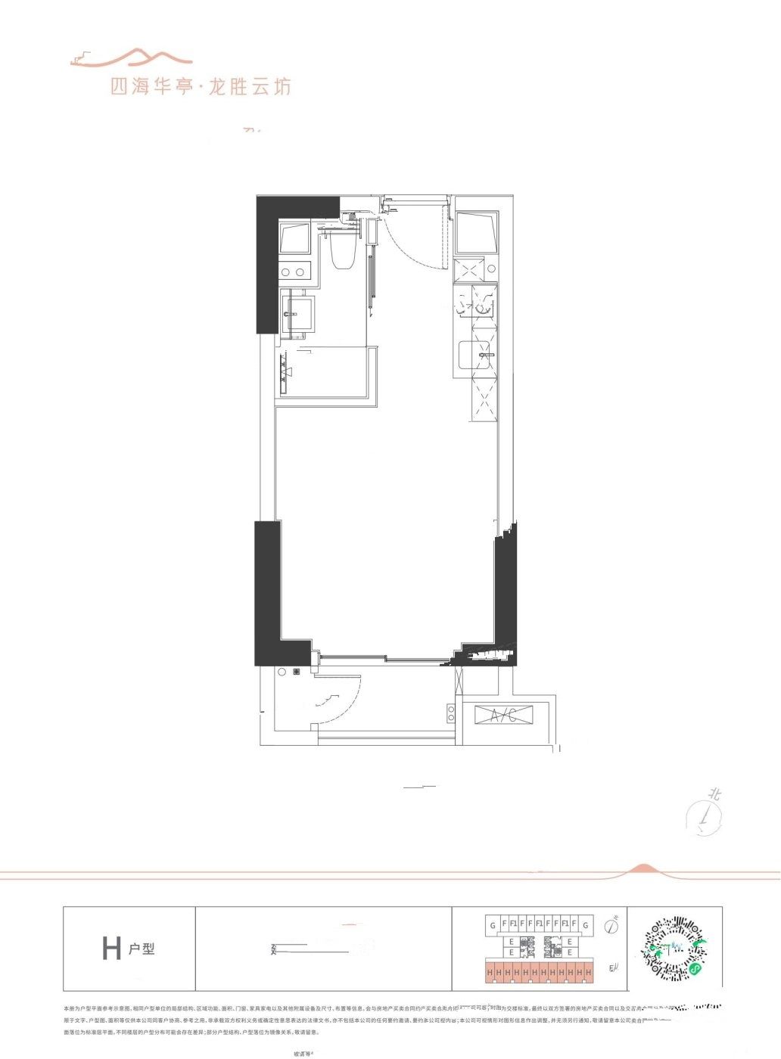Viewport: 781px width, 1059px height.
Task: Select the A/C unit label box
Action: [503, 716]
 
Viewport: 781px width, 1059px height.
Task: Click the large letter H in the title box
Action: [111, 948]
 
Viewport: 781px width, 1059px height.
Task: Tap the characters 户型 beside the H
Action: [141, 948]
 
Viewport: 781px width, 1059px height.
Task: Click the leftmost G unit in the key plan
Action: [493, 924]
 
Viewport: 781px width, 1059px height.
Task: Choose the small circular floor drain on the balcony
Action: [282, 672]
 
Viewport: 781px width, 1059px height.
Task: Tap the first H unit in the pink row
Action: [490, 971]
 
